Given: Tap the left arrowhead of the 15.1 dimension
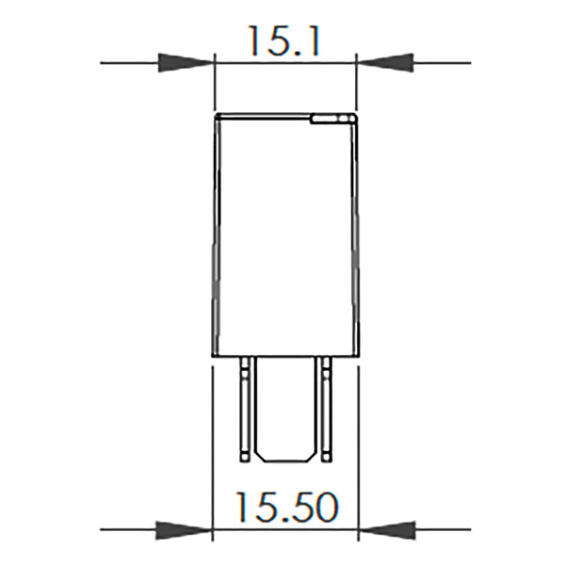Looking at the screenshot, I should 186,63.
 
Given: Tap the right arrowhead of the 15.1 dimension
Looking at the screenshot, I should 384,63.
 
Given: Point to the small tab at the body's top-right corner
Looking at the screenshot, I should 331,119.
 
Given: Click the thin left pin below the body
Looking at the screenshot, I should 246,405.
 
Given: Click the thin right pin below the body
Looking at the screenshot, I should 325,405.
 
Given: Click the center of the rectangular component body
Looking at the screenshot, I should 285,235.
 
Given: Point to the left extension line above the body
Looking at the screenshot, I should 216,85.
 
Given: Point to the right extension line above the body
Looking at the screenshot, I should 355,85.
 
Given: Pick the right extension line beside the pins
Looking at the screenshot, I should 358,443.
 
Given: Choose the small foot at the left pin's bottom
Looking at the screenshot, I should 246,458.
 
